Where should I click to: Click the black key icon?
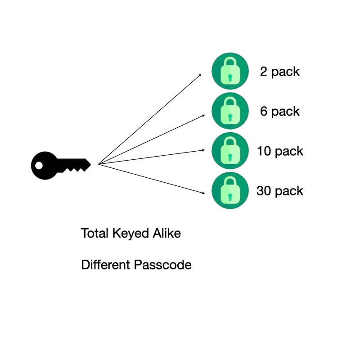[x=61, y=165]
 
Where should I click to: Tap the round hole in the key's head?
[x=39, y=166]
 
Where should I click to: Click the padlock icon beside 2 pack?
[x=230, y=71]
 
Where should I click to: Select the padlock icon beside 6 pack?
[x=230, y=111]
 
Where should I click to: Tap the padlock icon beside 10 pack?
[x=230, y=151]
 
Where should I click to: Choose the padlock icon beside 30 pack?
[x=230, y=190]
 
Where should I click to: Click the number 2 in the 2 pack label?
[x=264, y=72]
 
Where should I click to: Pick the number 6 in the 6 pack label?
[x=264, y=111]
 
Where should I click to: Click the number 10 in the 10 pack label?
[x=264, y=151]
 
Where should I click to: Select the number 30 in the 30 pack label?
[x=264, y=191]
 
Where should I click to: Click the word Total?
[x=94, y=233]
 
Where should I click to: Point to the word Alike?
[x=166, y=233]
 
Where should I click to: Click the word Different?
[x=106, y=265]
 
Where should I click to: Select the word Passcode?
[x=163, y=265]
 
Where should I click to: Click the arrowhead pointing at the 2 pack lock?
[x=200, y=75]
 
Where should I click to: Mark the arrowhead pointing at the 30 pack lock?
[x=203, y=193]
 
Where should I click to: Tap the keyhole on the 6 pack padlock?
[x=230, y=117]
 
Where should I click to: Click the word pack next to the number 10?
[x=289, y=152]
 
